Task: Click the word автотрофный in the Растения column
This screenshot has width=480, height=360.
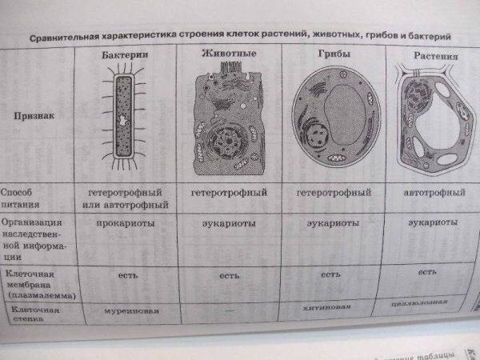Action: tap(437, 193)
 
